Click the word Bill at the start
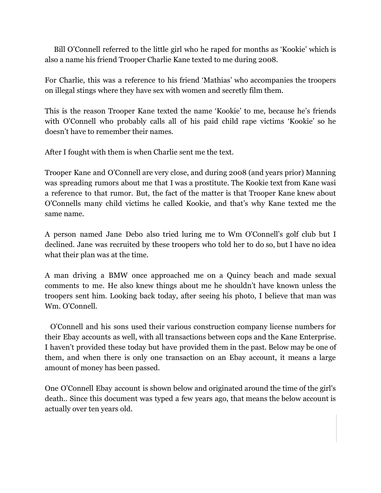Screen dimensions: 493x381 [60, 49]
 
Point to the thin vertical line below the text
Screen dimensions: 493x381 [336, 428]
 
